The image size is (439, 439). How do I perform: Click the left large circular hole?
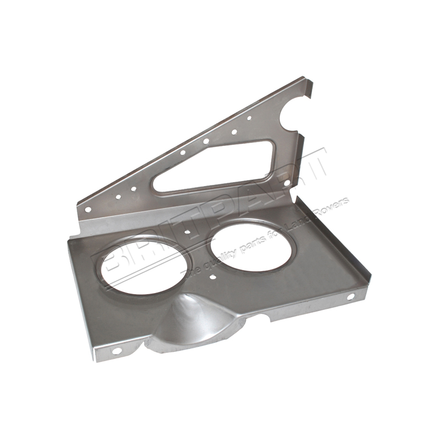(140, 268)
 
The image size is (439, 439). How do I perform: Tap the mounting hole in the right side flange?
(351, 297)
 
